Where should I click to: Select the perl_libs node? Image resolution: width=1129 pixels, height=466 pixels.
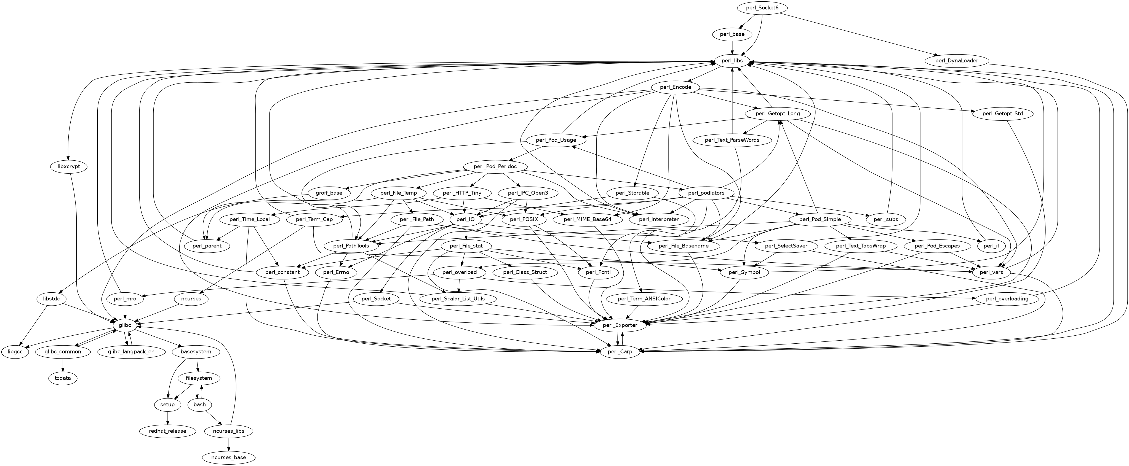[732, 61]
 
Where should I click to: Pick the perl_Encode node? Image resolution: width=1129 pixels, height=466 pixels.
[675, 87]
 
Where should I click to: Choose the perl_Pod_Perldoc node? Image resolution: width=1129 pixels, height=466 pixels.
[495, 167]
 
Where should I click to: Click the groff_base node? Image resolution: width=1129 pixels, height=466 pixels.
[329, 193]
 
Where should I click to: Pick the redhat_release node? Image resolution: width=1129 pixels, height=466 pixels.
[167, 431]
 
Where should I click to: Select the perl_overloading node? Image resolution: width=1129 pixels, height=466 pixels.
[1007, 299]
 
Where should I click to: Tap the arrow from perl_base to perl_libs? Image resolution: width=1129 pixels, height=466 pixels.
[732, 47]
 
